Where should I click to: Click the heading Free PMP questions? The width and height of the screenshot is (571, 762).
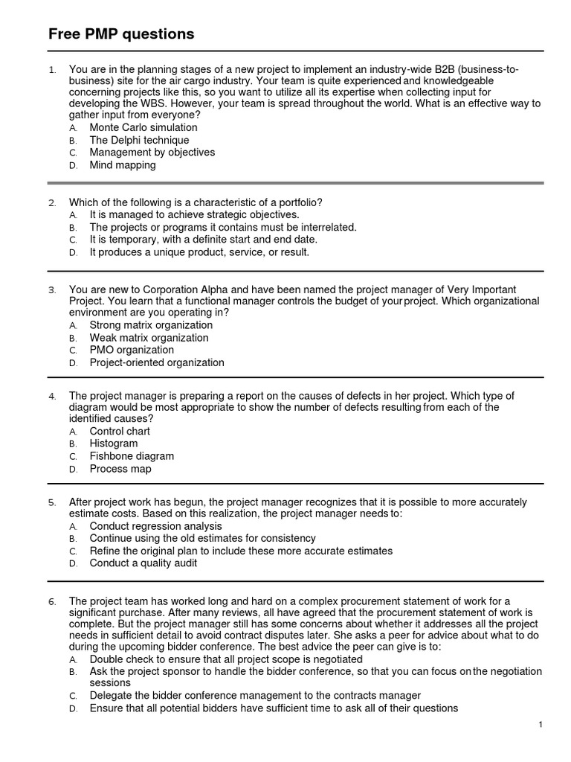click(121, 33)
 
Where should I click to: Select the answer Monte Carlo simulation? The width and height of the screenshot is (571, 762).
click(143, 127)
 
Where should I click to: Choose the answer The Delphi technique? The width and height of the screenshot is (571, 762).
click(139, 140)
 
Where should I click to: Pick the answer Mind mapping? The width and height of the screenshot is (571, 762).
click(123, 165)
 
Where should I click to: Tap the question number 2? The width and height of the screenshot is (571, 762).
click(52, 202)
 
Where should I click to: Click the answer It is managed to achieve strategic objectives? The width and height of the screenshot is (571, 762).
click(194, 214)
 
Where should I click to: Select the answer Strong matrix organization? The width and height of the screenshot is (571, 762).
click(151, 325)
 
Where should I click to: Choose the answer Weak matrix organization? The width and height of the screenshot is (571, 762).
click(149, 338)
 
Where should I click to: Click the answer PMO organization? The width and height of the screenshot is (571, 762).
click(132, 350)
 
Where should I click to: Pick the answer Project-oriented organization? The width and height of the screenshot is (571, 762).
click(156, 362)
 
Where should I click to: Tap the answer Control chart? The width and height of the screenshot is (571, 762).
click(120, 431)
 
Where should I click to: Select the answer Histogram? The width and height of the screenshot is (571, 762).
click(114, 444)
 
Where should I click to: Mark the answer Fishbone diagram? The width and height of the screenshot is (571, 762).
click(132, 456)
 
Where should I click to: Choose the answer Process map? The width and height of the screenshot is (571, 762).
click(120, 469)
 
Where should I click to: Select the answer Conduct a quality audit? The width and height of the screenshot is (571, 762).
click(143, 563)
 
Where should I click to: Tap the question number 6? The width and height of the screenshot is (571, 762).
click(52, 601)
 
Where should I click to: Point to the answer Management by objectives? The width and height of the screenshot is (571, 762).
click(152, 153)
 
